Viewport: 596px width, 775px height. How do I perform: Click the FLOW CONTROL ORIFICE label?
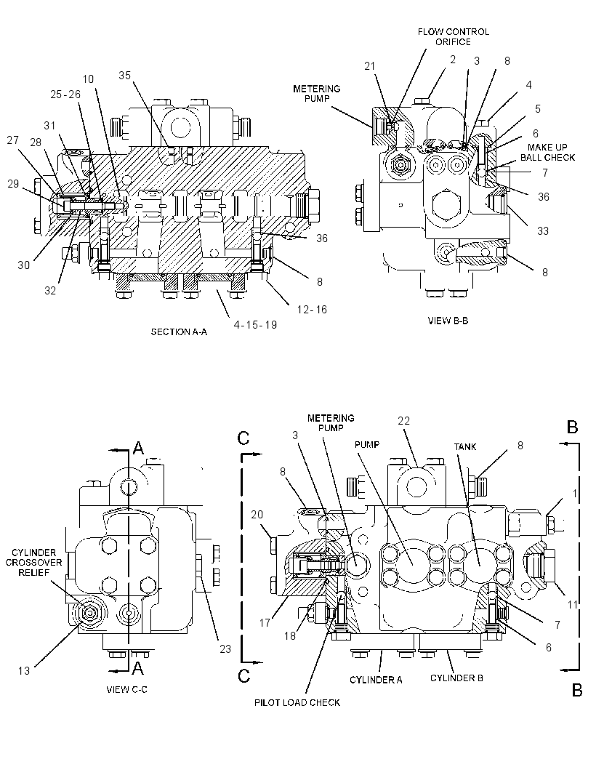(453, 36)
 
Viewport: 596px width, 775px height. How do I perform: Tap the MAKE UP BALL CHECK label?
(547, 152)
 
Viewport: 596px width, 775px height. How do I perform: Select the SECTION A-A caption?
(179, 332)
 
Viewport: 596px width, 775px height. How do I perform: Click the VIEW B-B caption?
(448, 321)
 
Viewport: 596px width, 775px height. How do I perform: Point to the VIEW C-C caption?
(127, 689)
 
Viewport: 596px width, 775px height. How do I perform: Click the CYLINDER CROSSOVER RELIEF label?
(34, 563)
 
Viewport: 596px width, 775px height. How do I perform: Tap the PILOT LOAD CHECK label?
(297, 702)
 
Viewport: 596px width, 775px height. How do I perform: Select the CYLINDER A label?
(376, 680)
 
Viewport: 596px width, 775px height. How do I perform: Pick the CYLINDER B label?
(456, 678)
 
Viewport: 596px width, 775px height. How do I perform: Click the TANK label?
(465, 447)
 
